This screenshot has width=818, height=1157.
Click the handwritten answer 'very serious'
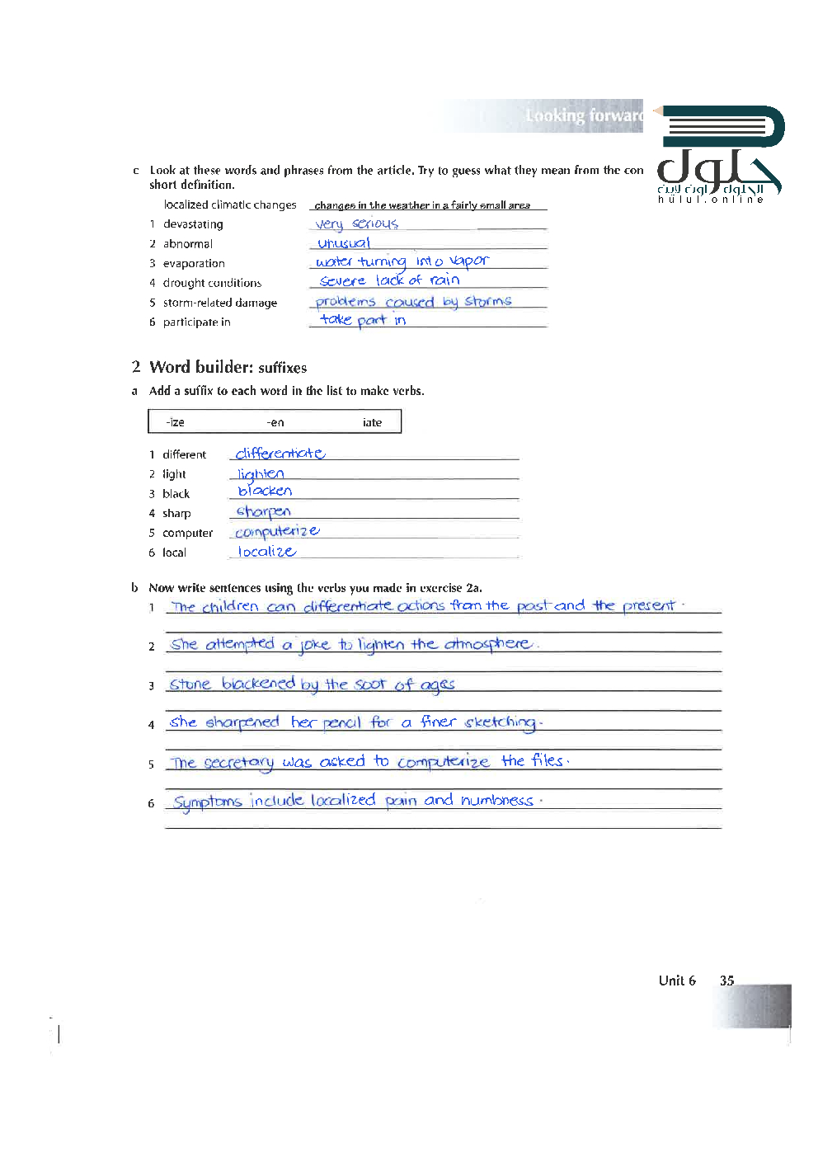(356, 223)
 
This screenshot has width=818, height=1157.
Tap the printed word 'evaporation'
(194, 264)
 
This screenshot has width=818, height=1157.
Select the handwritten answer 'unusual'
(344, 243)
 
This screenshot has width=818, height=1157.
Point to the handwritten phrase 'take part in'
(363, 320)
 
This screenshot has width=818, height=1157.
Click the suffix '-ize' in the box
(175, 422)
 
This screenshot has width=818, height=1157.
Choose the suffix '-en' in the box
(275, 422)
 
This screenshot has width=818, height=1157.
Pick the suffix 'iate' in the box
(372, 422)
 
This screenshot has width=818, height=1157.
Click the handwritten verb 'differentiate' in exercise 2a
(280, 454)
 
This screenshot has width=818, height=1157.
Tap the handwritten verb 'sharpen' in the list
(263, 512)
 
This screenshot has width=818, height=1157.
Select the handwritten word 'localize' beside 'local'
(266, 552)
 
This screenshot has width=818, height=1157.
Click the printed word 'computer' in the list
(187, 534)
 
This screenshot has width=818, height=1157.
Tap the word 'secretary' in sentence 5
(238, 763)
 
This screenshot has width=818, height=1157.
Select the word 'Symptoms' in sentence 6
(207, 802)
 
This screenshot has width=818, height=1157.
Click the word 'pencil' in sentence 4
(341, 723)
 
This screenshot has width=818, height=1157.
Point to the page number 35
(726, 981)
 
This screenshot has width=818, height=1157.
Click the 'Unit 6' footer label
(677, 981)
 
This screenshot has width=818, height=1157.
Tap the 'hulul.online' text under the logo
(710, 200)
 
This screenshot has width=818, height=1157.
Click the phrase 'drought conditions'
(212, 283)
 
